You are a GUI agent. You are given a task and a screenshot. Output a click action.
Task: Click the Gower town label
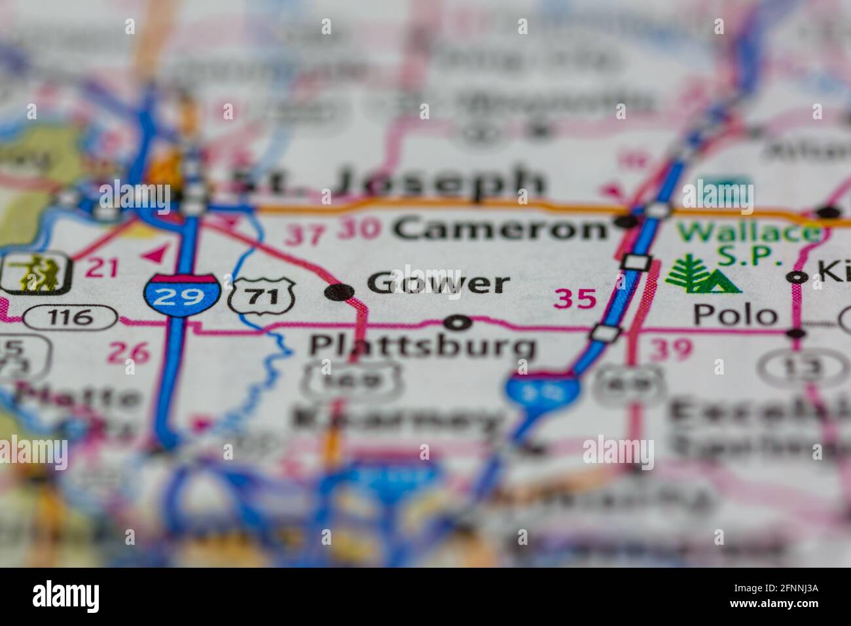point(438,284)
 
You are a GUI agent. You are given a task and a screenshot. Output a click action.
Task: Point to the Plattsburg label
point(422,346)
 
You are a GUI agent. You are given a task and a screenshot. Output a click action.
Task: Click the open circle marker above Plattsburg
point(457,322)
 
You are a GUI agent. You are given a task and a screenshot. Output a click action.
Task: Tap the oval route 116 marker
point(70,318)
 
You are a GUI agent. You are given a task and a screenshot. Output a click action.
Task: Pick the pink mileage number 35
point(575,299)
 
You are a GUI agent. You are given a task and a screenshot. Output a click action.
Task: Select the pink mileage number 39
point(670,350)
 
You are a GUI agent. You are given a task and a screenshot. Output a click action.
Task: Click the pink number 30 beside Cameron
point(359,229)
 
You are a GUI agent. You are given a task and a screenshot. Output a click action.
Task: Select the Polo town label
point(735,316)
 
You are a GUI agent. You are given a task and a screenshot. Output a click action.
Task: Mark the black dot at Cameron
point(627,223)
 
